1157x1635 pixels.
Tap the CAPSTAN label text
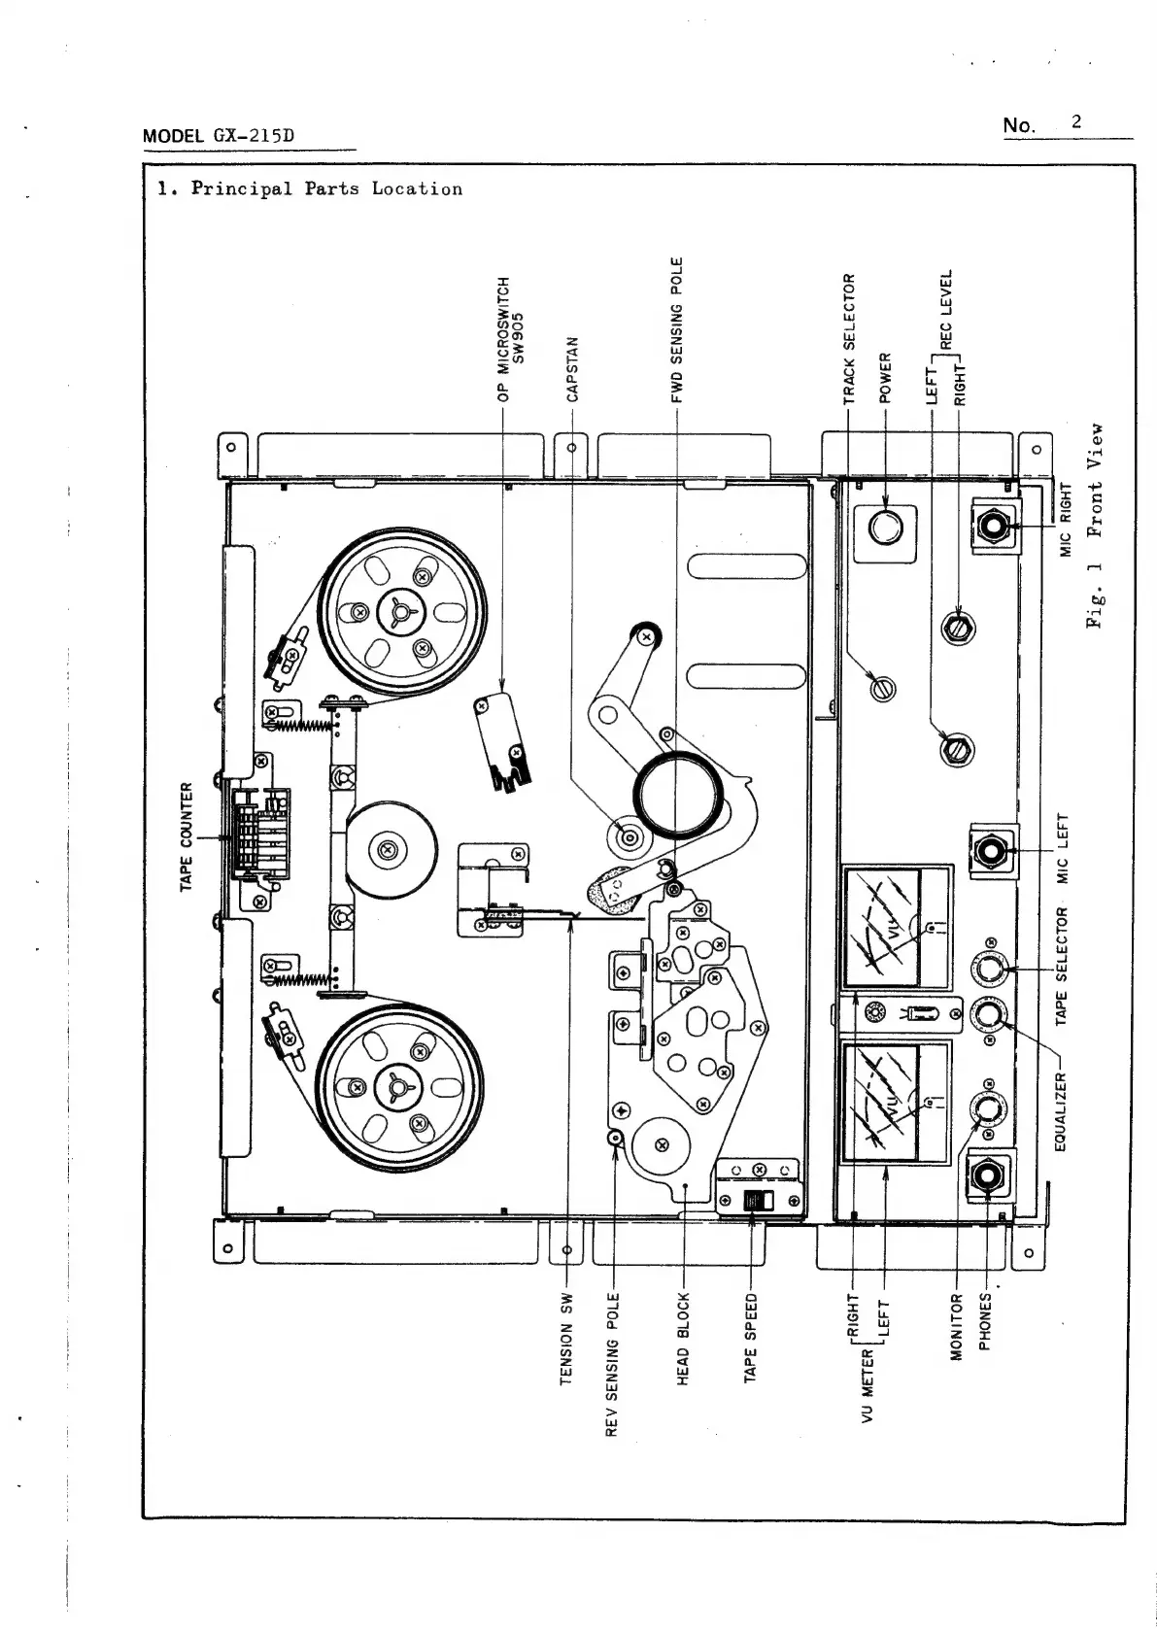[x=572, y=368]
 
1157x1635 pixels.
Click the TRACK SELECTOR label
[x=849, y=337]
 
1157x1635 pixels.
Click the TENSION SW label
[x=567, y=1338]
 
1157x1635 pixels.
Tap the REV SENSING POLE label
[x=612, y=1364]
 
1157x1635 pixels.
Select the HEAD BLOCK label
[x=683, y=1338]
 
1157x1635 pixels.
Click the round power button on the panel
[x=885, y=528]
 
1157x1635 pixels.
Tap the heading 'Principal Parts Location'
[x=326, y=188]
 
